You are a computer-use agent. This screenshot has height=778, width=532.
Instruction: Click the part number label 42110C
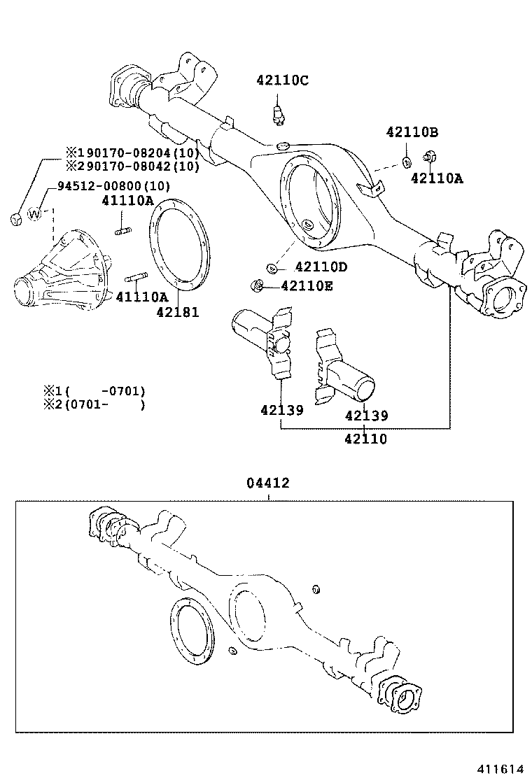point(282,80)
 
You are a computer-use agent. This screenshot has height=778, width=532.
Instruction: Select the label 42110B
point(412,132)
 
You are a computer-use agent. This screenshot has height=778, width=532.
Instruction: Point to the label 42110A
point(437,178)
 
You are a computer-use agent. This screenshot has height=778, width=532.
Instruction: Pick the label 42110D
point(321,267)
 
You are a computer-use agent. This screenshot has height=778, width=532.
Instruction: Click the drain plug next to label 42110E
point(257,285)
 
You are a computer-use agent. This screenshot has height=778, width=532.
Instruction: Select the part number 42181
point(177,313)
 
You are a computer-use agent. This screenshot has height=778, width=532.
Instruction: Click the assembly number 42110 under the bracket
point(365,439)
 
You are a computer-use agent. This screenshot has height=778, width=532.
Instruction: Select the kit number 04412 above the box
point(267,483)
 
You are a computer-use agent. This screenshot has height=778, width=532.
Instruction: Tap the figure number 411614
point(500,768)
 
